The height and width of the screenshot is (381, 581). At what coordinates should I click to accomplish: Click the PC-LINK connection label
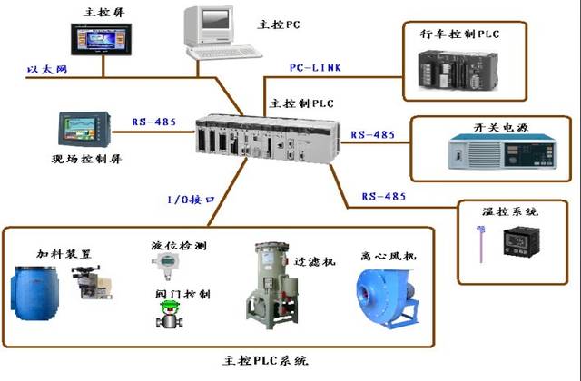coord(315,69)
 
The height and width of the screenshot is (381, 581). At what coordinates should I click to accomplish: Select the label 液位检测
coord(180,245)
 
